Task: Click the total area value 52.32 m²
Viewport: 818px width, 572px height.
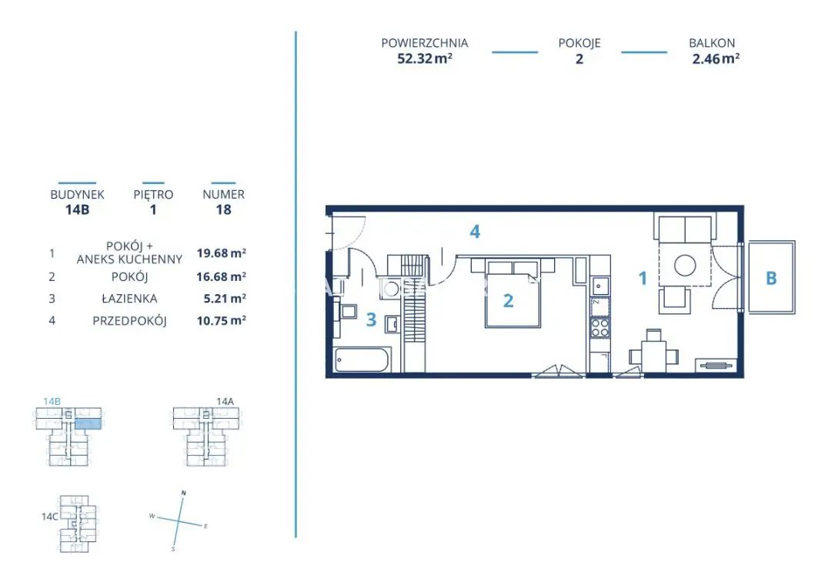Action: point(424,59)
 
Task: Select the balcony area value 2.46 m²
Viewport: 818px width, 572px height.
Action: point(716,59)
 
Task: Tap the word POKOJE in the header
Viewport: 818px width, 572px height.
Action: point(579,44)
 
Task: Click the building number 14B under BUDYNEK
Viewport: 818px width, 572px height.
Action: point(77,209)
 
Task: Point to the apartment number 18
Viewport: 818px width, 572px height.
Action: point(223,209)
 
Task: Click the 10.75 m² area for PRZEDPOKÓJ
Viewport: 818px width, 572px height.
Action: point(222,321)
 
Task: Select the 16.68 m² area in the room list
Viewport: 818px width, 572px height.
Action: point(222,277)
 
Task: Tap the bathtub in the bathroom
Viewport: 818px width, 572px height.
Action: point(362,360)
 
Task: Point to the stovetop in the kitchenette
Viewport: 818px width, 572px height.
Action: point(599,328)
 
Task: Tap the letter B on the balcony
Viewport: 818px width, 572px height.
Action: point(771,279)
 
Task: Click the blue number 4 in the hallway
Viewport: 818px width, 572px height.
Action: point(476,231)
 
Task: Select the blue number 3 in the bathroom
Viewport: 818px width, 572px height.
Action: point(371,319)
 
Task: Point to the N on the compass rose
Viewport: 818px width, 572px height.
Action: point(183,492)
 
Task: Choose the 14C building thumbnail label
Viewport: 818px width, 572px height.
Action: point(50,517)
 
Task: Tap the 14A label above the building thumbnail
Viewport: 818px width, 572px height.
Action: point(225,401)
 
